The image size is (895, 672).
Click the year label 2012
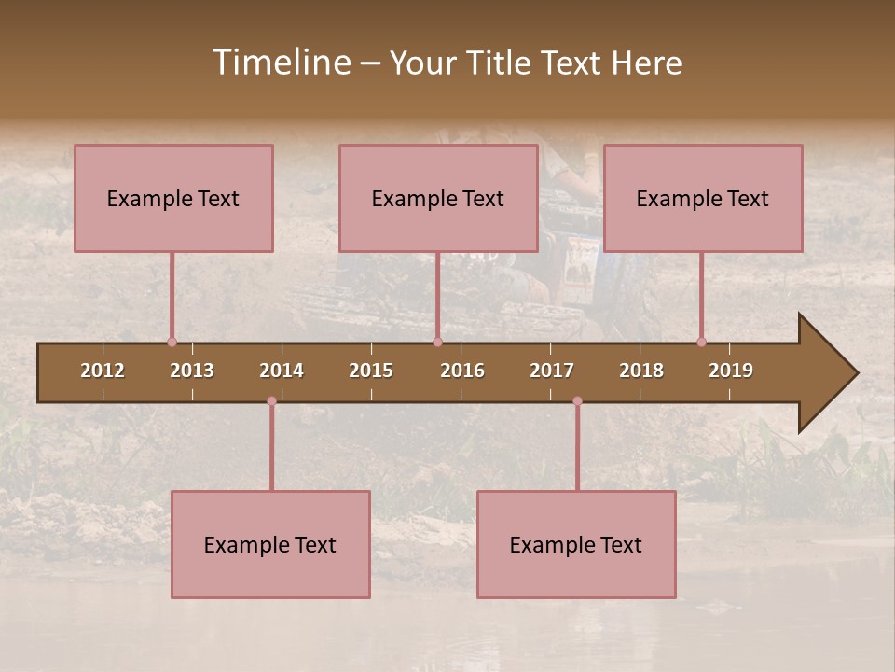click(x=103, y=371)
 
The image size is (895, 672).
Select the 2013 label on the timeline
click(x=192, y=371)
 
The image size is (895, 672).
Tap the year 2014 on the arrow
click(x=282, y=371)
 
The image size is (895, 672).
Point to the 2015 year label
click(x=371, y=371)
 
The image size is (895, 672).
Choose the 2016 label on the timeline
click(x=462, y=371)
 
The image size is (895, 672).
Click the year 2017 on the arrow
click(x=552, y=371)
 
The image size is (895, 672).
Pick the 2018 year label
click(x=641, y=371)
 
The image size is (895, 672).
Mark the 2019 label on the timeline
click(x=731, y=371)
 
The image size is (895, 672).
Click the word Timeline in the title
click(x=281, y=63)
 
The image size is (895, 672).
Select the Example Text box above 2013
click(x=173, y=198)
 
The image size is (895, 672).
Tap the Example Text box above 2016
click(x=438, y=198)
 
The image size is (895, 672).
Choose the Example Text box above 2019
click(x=703, y=198)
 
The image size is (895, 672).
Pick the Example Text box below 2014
click(x=270, y=544)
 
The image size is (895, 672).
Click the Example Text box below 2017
click(x=576, y=544)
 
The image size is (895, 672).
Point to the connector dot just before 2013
click(x=172, y=342)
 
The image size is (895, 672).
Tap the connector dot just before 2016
click(x=437, y=342)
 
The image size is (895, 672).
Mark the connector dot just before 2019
click(x=701, y=342)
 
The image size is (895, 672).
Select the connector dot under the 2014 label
click(x=271, y=401)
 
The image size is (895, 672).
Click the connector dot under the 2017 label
click(x=577, y=401)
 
